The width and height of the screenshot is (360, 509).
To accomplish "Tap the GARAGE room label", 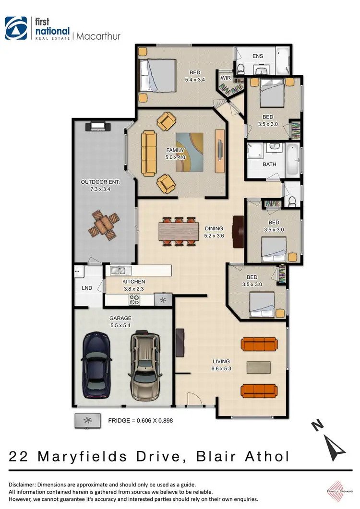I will tap(120, 318).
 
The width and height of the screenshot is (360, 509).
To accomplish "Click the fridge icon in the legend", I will tap(87, 420).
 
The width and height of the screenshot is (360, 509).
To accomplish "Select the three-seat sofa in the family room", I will tap(149, 154).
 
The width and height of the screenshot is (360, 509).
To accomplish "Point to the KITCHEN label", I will tap(133, 282).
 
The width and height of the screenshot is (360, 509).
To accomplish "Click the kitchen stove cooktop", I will tap(135, 300).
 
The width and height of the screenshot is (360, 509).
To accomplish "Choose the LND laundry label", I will tap(86, 288).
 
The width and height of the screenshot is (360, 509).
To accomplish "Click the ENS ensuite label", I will tap(258, 56).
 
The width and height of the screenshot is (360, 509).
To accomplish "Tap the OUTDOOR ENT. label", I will tap(100, 182).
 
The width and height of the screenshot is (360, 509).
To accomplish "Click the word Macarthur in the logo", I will tap(99, 36).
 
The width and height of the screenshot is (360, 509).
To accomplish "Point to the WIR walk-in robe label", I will tap(226, 78).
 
